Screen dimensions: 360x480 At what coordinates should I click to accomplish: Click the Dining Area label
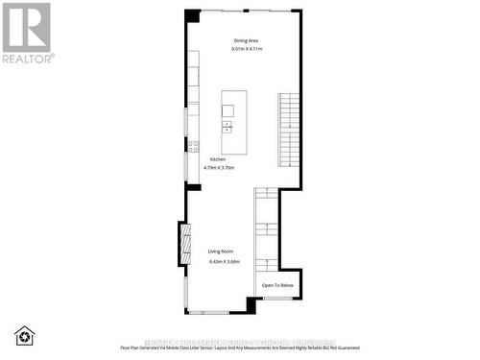click(247, 39)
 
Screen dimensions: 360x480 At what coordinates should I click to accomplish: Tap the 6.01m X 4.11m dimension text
click(247, 49)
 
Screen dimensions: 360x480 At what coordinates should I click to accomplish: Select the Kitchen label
click(218, 158)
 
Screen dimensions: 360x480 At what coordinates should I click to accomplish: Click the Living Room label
click(222, 252)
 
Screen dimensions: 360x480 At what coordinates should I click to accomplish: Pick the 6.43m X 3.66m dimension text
click(224, 261)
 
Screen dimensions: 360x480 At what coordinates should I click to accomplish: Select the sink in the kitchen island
click(228, 126)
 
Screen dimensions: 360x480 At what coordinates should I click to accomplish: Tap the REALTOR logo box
click(26, 29)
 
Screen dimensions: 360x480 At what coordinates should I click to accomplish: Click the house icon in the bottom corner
click(24, 335)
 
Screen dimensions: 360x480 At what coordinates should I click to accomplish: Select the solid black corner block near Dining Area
click(192, 16)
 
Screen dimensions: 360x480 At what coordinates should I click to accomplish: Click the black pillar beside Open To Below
click(252, 305)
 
